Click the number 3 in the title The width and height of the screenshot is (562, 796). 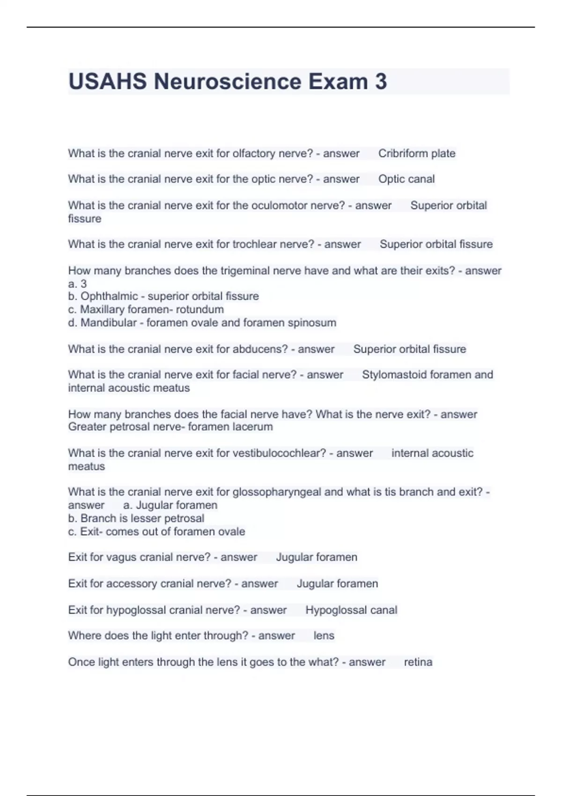click(381, 81)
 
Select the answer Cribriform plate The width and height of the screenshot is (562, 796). click(416, 154)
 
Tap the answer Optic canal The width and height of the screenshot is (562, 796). click(406, 179)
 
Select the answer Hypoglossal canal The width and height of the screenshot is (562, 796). click(351, 610)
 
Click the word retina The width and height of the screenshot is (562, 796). click(418, 662)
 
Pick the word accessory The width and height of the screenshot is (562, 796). click(132, 584)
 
